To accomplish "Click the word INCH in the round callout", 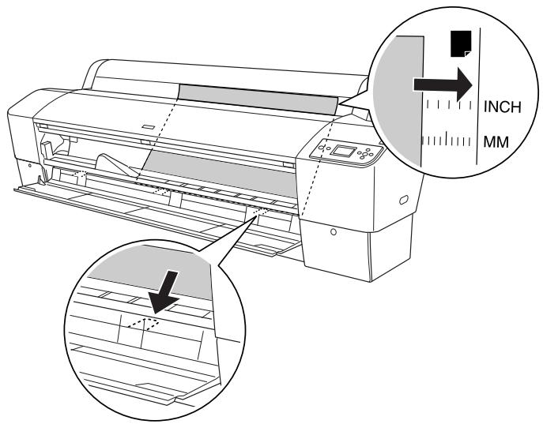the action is tap(502, 107).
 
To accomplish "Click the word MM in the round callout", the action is tap(496, 142).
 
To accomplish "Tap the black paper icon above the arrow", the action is tap(461, 43).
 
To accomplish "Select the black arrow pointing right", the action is tap(443, 84).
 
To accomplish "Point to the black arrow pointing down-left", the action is tap(165, 291).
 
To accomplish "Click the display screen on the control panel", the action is tap(343, 151).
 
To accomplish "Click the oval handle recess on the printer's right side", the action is tap(404, 200).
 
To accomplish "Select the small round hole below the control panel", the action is tap(334, 231).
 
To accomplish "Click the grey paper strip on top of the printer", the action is tap(258, 99).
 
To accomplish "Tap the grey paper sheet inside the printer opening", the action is tap(220, 172).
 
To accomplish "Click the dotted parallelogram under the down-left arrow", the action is tap(143, 324).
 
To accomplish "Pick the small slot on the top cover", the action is tap(149, 127).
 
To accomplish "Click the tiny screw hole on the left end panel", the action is tap(30, 166).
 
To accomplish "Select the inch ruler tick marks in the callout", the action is tap(449, 104).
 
